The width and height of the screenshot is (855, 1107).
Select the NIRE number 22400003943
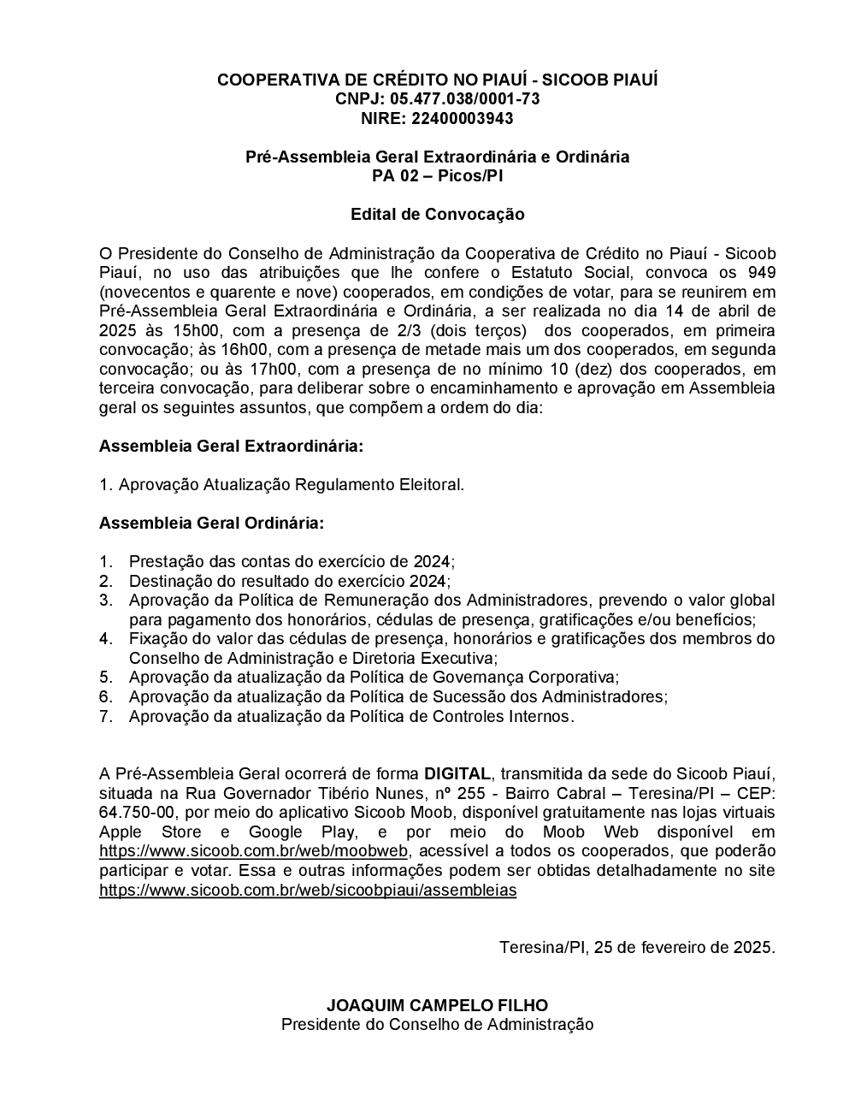pyautogui.click(x=463, y=118)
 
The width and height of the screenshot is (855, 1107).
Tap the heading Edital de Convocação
pyautogui.click(x=437, y=214)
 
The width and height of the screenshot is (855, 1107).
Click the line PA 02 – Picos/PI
pyautogui.click(x=437, y=176)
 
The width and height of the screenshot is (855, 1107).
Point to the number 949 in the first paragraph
pyautogui.click(x=760, y=273)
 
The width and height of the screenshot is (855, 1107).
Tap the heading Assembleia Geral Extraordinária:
pyautogui.click(x=231, y=447)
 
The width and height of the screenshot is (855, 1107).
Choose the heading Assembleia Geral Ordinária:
pyautogui.click(x=211, y=523)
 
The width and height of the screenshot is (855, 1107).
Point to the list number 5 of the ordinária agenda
pyautogui.click(x=106, y=677)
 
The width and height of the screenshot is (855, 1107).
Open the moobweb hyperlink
pyautogui.click(x=254, y=851)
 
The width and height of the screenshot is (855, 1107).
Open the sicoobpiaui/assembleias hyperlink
pyautogui.click(x=308, y=890)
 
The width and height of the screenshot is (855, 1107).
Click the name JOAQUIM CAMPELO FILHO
pyautogui.click(x=437, y=1005)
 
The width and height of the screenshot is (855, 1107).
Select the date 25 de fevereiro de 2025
pyautogui.click(x=684, y=947)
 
